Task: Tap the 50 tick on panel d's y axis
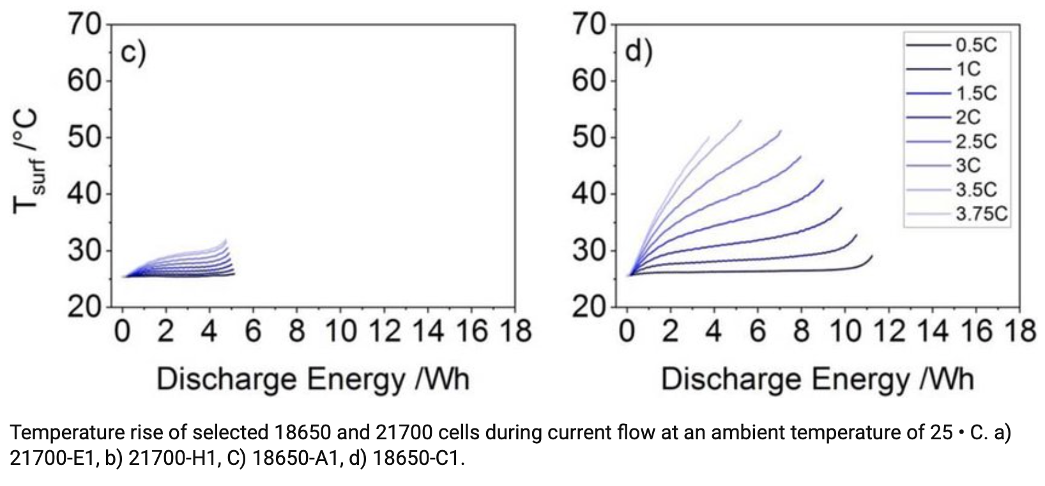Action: [589, 137]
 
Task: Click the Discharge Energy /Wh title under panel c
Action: [313, 379]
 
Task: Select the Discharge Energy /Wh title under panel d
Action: [818, 379]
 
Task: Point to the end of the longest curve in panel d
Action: [872, 256]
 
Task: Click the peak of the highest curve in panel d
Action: [741, 120]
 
